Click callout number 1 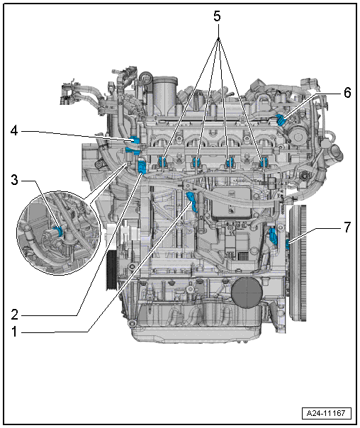pos(14,332)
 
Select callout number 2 pos(14,315)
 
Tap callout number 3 pos(14,181)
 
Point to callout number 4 pos(14,131)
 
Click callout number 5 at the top pos(217,16)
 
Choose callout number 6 pos(347,93)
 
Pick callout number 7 pos(347,227)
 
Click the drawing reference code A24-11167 pos(326,413)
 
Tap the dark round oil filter pos(247,293)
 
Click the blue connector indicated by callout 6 pos(281,120)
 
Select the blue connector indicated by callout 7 pos(288,244)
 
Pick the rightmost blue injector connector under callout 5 pos(263,162)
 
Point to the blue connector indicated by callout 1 pos(191,201)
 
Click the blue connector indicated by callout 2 pos(142,167)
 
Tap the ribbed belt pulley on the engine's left pos(112,270)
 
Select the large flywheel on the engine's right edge pos(298,263)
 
